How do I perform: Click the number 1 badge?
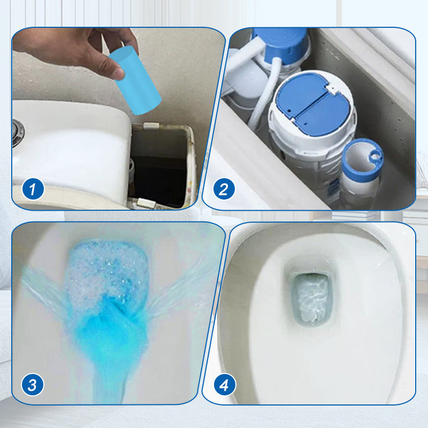(33, 189)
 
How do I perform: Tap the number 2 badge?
(224, 189)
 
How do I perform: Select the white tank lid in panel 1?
(70, 144)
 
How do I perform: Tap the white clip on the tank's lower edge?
(146, 203)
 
